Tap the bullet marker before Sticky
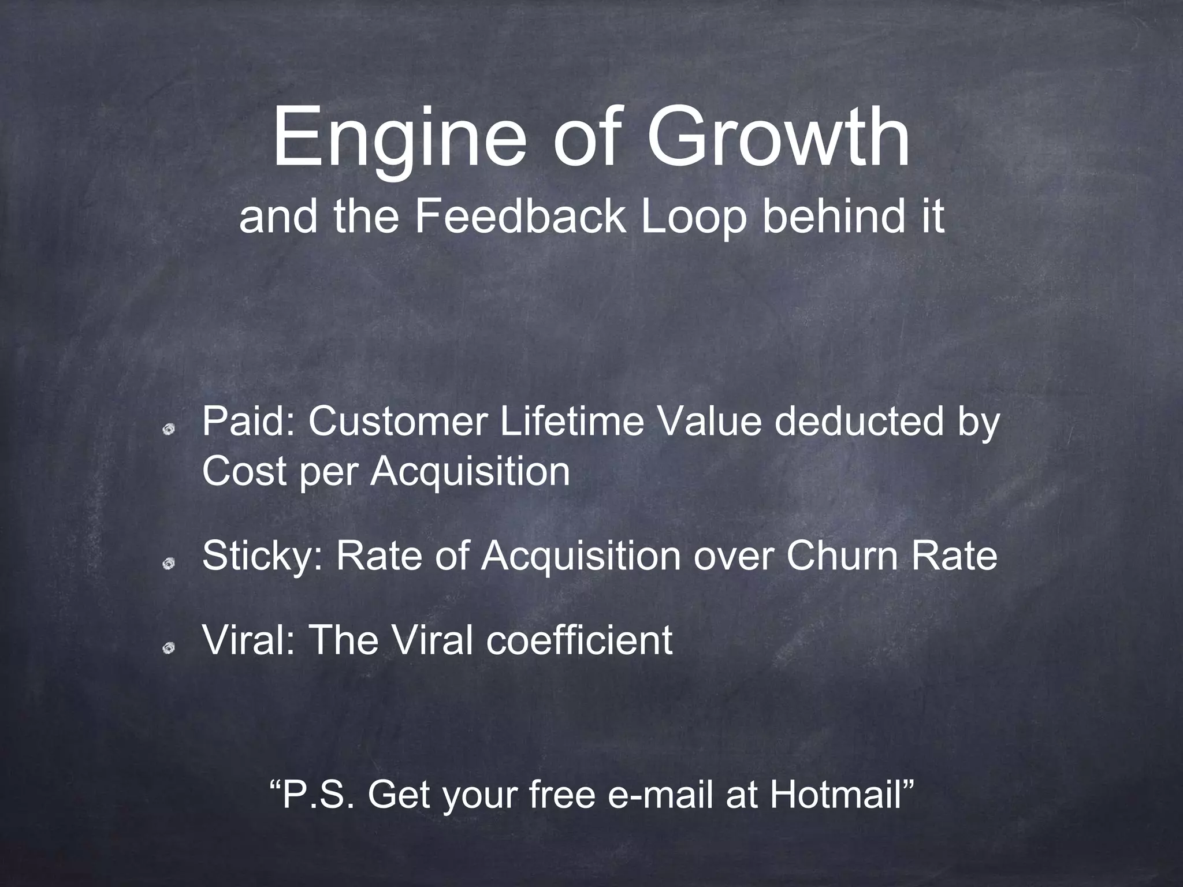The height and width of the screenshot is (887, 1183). coord(169,563)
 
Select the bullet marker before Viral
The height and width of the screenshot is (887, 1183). coord(169,649)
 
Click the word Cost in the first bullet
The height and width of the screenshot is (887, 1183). coord(245,471)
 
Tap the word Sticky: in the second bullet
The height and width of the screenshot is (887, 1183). coord(263,557)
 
